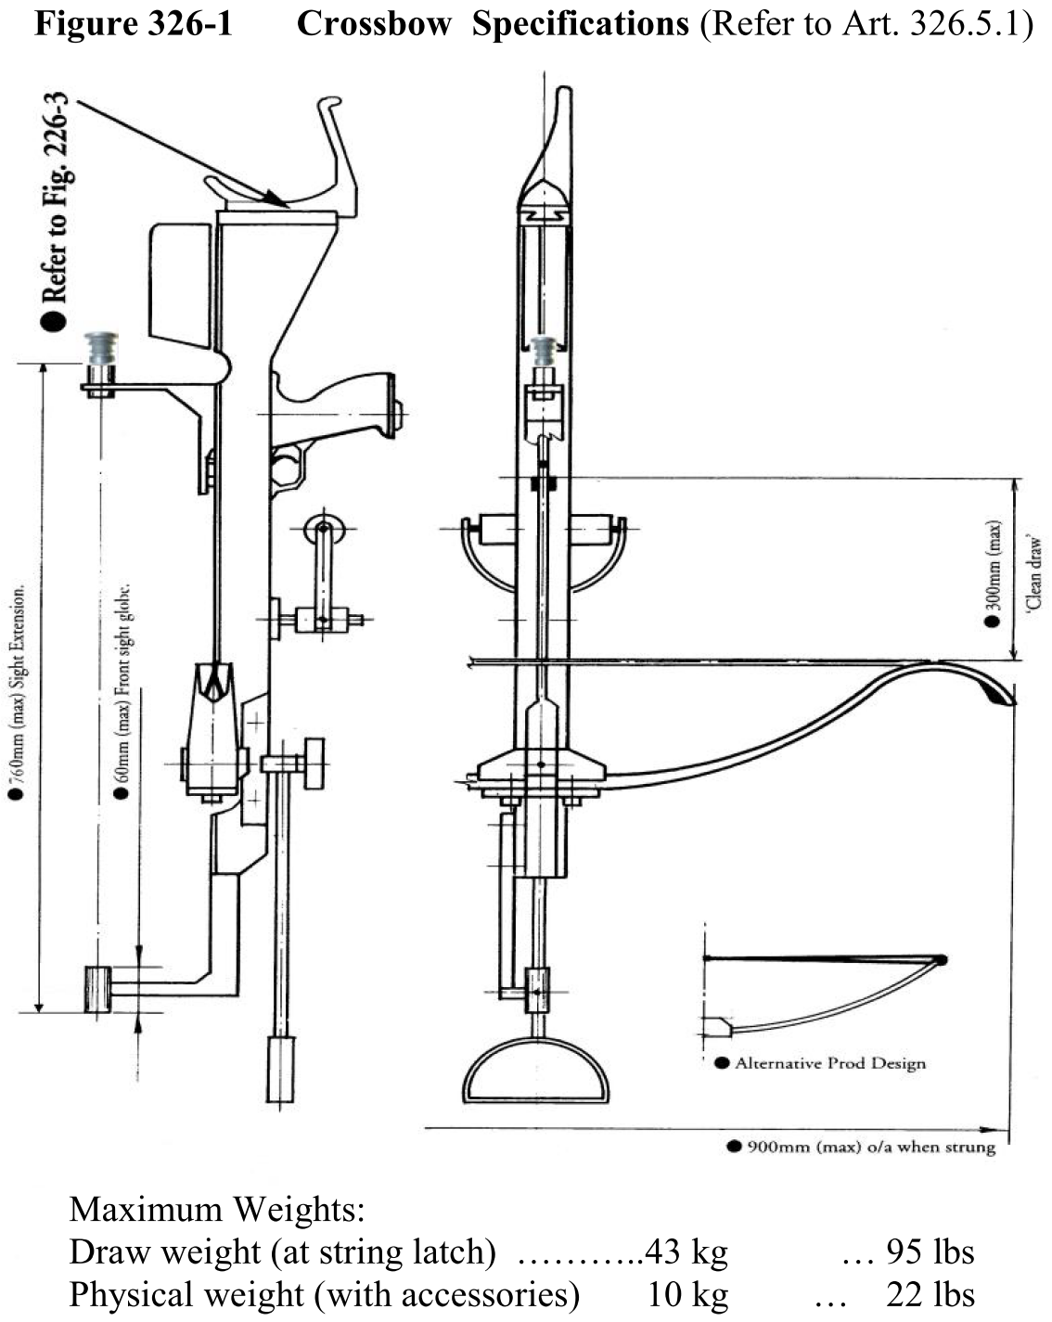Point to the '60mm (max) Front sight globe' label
[x=122, y=691]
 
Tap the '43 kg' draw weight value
[x=686, y=1251]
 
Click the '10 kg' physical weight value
[x=687, y=1293]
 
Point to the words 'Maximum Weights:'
[x=217, y=1210]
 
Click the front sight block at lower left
[x=97, y=990]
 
